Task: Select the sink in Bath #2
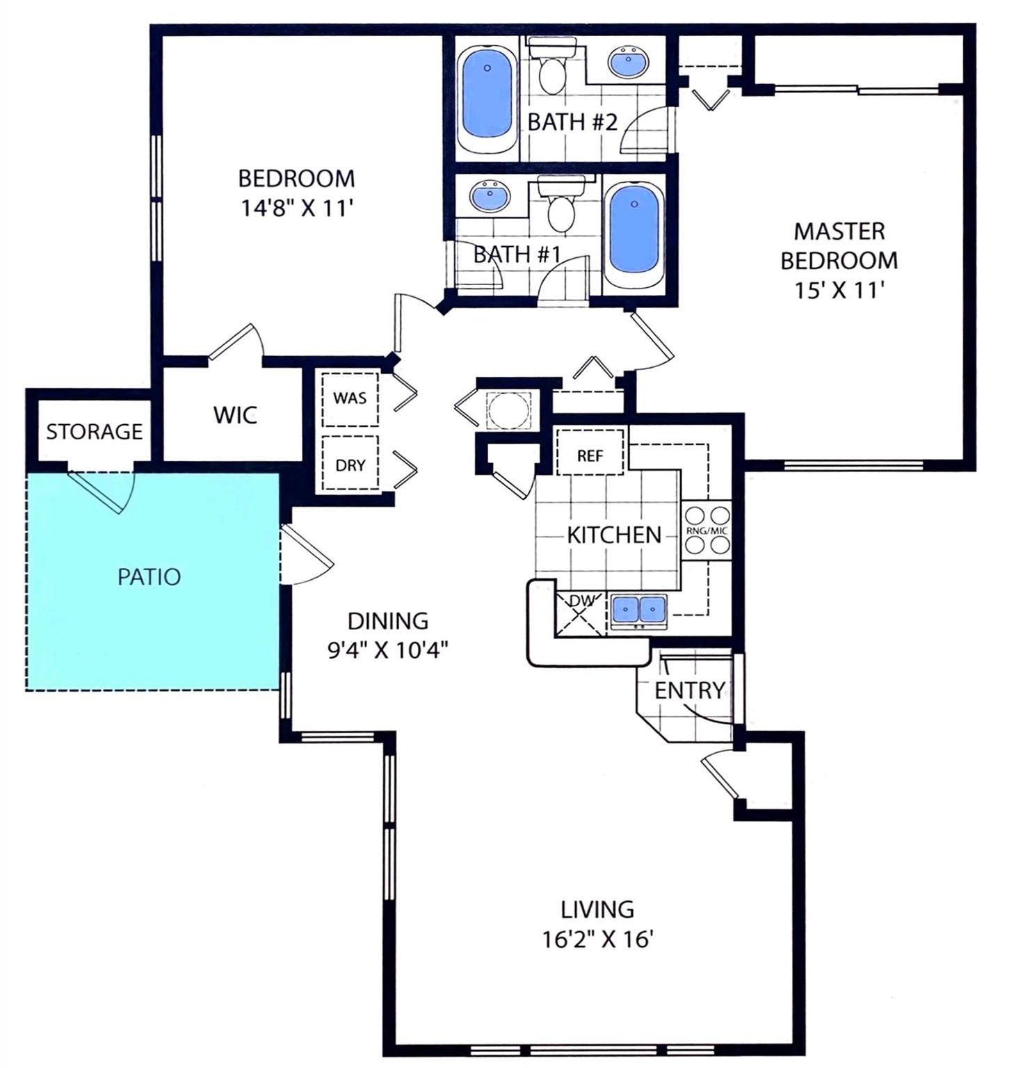pos(630,62)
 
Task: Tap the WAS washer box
pos(350,398)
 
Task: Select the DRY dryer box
pos(350,464)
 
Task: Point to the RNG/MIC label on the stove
pos(707,531)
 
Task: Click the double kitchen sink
pos(638,610)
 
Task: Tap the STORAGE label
pos(94,432)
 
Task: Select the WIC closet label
pos(235,415)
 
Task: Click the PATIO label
pos(149,576)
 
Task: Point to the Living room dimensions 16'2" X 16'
pos(597,939)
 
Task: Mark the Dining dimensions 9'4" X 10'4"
pos(387,650)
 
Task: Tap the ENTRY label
pos(689,690)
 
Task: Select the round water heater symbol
pos(507,408)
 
